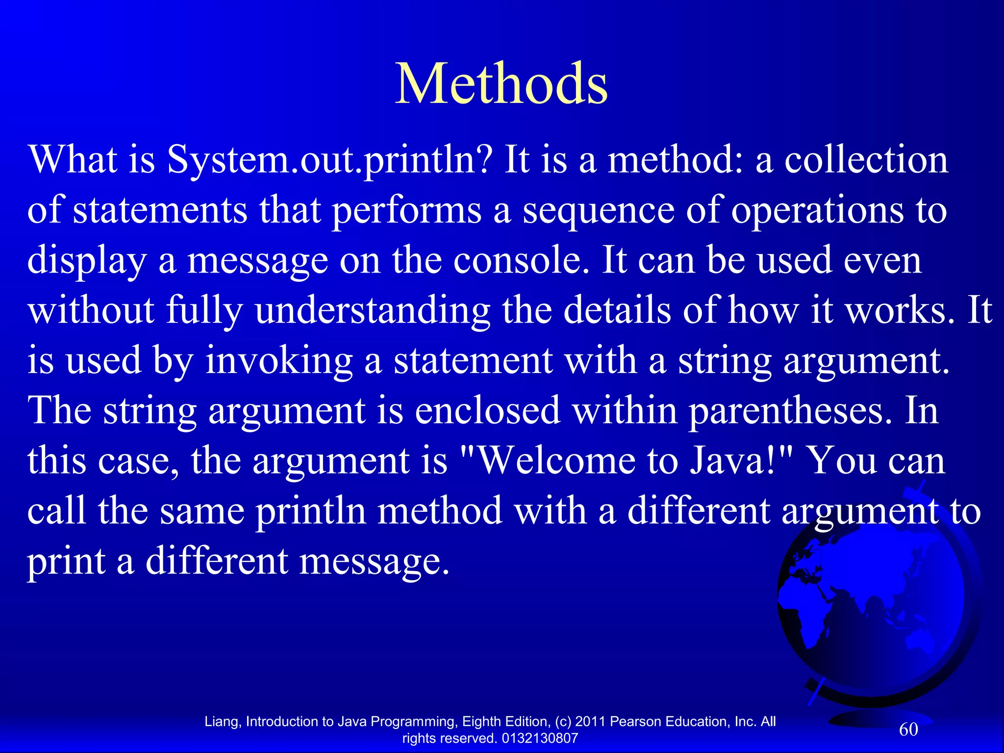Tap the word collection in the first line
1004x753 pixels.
(866, 160)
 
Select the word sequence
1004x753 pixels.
(598, 211)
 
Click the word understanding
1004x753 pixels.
(373, 311)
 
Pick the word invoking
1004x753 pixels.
(279, 361)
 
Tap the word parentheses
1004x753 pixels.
(790, 410)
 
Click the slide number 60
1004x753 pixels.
(908, 729)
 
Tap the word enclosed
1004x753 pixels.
(488, 410)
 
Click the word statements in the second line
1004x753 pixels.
(160, 211)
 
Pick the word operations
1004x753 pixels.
(817, 211)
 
